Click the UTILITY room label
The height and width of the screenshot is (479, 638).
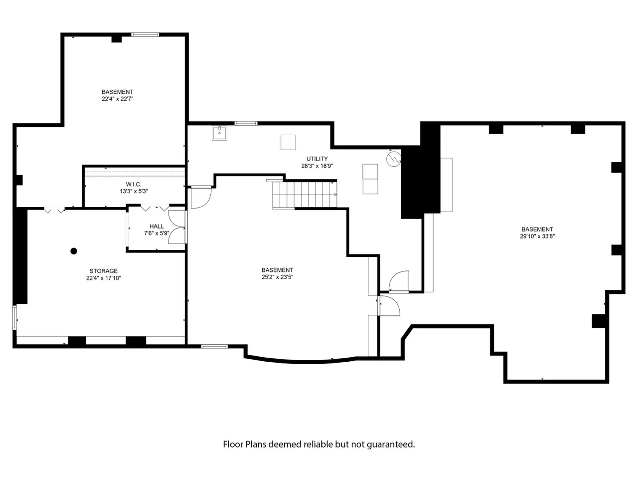317,159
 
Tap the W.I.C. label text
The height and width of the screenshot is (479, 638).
134,185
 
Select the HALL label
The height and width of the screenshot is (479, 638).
157,226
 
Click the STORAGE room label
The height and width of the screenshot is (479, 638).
104,271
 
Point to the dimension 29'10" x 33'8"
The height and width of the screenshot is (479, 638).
537,237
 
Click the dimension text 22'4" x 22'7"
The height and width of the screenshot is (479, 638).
118,99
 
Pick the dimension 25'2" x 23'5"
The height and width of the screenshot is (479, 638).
277,277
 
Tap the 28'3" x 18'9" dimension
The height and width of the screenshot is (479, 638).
317,166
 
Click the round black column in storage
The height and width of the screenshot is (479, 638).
74,251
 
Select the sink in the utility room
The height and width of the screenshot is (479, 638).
219,133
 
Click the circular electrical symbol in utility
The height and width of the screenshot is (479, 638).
394,159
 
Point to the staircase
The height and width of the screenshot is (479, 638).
305,194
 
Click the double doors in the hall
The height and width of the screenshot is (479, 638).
177,227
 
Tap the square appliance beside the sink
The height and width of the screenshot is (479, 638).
288,143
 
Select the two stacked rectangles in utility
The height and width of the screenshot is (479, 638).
370,179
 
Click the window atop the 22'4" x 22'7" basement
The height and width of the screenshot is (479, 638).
145,34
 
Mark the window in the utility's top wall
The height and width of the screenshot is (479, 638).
246,123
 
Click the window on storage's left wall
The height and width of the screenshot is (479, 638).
14,317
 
